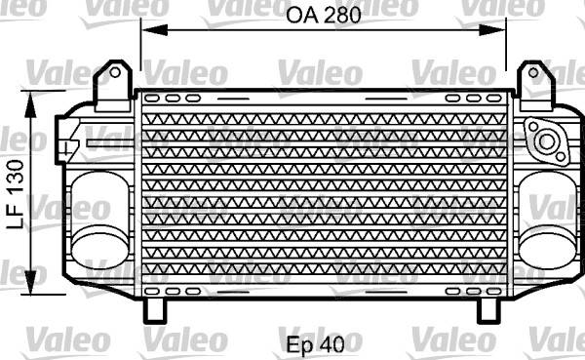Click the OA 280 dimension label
[x=324, y=16]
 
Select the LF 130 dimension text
[x=16, y=194]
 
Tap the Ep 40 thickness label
[x=316, y=345]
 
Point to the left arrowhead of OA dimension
[x=154, y=30]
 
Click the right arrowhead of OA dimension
[x=492, y=30]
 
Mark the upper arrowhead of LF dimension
[x=30, y=105]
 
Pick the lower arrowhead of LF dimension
[x=30, y=281]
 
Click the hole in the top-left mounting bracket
[x=115, y=72]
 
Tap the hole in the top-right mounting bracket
[x=534, y=72]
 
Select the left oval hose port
[x=99, y=220]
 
